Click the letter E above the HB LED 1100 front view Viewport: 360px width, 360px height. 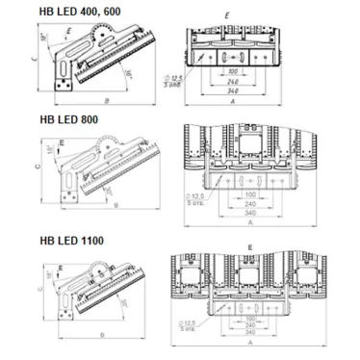click(250, 247)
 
